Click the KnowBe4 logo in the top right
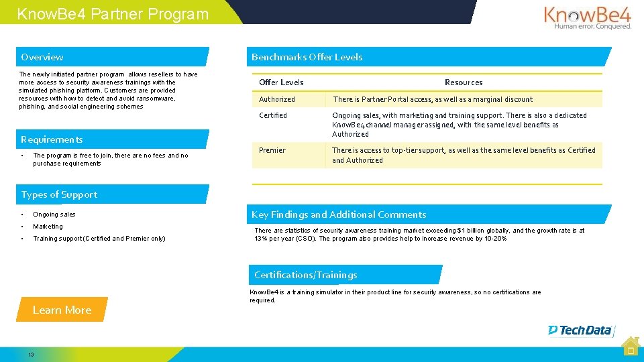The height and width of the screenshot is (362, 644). point(587,17)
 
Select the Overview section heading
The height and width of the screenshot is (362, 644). point(42,57)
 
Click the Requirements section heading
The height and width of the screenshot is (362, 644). point(52,139)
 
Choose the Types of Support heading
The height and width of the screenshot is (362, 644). point(59,194)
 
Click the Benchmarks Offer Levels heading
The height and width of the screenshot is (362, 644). point(307,57)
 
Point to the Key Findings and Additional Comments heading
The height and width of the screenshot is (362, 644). point(339,215)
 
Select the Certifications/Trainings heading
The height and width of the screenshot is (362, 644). point(305,275)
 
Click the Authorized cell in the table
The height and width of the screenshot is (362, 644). point(277,99)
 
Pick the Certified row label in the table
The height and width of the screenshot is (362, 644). point(273,115)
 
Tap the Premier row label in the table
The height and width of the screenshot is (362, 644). point(272,150)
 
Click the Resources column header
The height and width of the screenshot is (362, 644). point(464,82)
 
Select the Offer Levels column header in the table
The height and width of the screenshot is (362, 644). point(281,82)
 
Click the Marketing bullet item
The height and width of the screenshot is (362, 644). point(48,227)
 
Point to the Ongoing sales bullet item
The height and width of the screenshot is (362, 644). point(54,215)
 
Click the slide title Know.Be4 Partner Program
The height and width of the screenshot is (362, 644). point(113,14)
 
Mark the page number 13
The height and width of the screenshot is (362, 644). point(31,355)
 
